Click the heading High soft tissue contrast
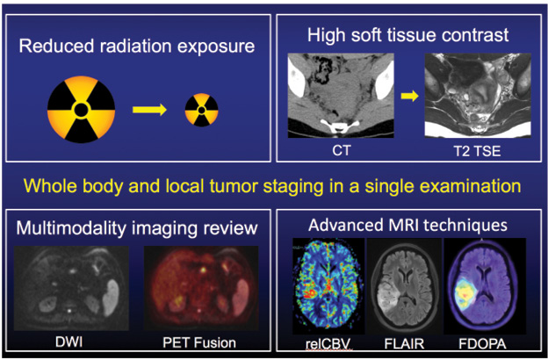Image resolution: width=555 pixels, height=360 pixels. [x=409, y=36]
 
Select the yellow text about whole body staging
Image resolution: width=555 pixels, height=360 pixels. [x=277, y=186]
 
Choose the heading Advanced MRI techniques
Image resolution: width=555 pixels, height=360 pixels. [x=409, y=225]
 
